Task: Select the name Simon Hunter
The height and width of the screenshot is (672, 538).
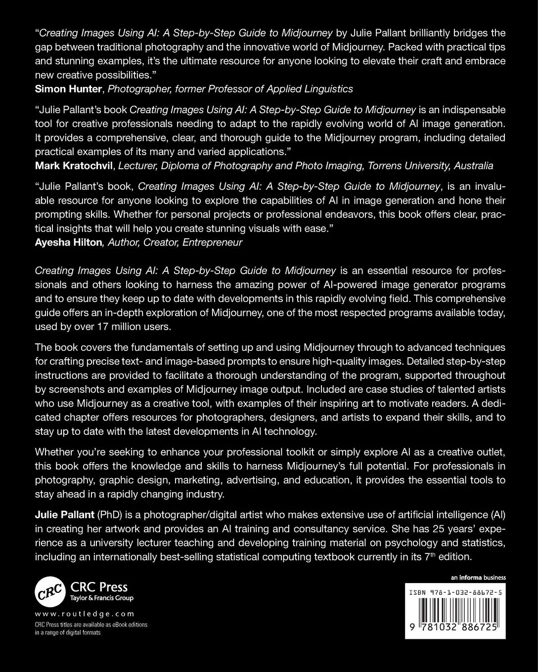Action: tap(68, 89)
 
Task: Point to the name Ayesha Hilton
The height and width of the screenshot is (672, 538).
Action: tap(68, 243)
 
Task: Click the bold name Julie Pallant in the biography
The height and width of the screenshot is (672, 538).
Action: tap(64, 514)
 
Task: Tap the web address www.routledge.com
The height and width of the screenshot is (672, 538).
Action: tap(85, 614)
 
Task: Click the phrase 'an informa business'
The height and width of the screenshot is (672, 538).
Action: tap(478, 578)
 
